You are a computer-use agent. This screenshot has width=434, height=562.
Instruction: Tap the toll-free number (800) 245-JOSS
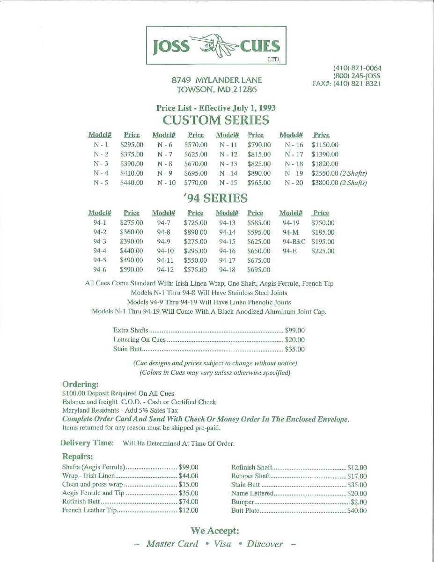coord(357,76)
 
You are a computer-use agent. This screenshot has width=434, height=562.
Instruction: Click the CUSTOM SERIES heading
coord(216,120)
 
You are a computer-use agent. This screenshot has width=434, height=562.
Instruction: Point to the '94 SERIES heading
coord(216,198)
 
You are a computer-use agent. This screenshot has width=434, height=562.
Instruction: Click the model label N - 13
coord(228,164)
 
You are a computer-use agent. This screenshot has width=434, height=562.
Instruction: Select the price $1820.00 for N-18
coord(324,164)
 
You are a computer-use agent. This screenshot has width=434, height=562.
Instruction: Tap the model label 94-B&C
coord(294,242)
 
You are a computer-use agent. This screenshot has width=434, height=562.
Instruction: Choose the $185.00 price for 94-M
coord(323,232)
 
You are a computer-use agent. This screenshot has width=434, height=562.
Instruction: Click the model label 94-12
coord(165,270)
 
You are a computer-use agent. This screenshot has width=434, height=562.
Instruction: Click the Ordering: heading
coord(81,385)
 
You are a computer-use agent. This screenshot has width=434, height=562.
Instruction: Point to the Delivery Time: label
coord(87,443)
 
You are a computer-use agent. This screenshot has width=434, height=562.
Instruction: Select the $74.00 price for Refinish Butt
coord(189,502)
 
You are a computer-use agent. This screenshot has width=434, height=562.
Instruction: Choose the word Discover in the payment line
coord(265,544)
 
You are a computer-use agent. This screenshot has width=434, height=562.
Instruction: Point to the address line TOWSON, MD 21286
coord(217,89)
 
